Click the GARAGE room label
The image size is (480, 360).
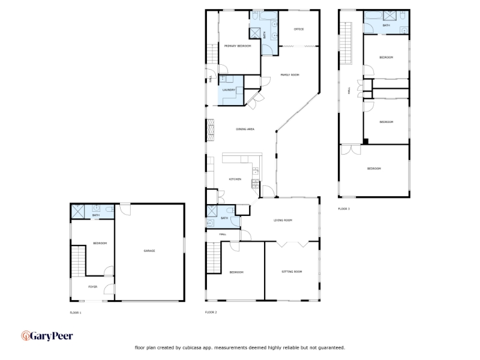coord(149,251)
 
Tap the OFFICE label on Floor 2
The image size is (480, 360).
coord(299,29)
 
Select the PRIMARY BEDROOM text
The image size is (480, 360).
coord(238,46)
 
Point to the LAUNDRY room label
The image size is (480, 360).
coord(229,89)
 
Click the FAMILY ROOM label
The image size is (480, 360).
coord(290,74)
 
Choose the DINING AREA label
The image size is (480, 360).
coord(245,129)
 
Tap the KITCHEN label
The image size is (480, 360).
coord(235,179)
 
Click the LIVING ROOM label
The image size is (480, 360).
coord(283,220)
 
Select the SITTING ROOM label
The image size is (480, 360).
coord(292,272)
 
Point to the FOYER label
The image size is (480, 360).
coord(93,287)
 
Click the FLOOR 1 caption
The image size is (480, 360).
coord(76,313)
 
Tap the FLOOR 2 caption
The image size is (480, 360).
coord(211,312)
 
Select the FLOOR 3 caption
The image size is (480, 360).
coord(344,209)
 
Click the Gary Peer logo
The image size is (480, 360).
coord(47,336)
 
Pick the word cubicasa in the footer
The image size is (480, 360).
coord(193,347)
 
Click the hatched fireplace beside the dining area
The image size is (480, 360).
coord(211,130)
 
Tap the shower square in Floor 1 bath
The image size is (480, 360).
coord(78,212)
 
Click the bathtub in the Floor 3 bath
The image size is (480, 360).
coord(373,16)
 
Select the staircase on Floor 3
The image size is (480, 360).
coord(346,43)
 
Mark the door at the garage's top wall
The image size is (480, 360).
coord(125,209)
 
